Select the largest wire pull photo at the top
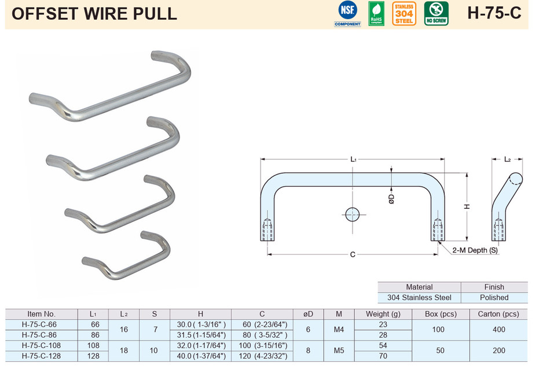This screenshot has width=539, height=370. tap(110, 87)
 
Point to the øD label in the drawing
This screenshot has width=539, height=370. tap(391, 198)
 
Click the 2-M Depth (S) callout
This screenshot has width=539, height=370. tap(475, 250)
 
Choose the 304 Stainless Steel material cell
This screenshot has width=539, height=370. tap(419, 298)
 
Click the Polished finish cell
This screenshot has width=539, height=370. tap(494, 298)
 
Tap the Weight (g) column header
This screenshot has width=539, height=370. tap(383, 314)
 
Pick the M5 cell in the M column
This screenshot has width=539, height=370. tap(339, 350)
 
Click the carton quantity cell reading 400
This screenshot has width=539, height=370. tap(498, 330)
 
